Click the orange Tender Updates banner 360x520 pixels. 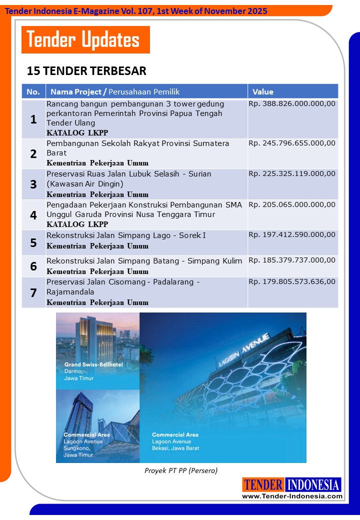tap(85, 40)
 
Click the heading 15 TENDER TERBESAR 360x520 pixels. tap(86, 71)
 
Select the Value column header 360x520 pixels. tap(263, 91)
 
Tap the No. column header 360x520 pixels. tap(33, 91)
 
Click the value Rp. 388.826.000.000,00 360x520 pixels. tap(292, 104)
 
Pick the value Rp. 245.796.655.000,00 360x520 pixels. tap(292, 143)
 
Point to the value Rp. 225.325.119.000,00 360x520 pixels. tap(292, 174)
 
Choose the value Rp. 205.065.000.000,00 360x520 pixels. tap(292, 204)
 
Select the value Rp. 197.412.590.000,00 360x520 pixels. tap(292, 235)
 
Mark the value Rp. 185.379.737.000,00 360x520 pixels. tap(292, 261)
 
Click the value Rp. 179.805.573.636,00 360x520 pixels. tap(292, 281)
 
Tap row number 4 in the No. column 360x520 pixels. tap(33, 215)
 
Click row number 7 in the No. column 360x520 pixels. tap(33, 292)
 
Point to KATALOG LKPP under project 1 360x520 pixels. tap(77, 133)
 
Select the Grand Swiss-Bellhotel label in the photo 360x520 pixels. tap(94, 365)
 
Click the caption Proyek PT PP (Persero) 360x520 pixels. tap(181, 470)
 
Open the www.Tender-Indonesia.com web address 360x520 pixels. tap(292, 496)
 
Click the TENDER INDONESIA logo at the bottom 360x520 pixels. tap(292, 484)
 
